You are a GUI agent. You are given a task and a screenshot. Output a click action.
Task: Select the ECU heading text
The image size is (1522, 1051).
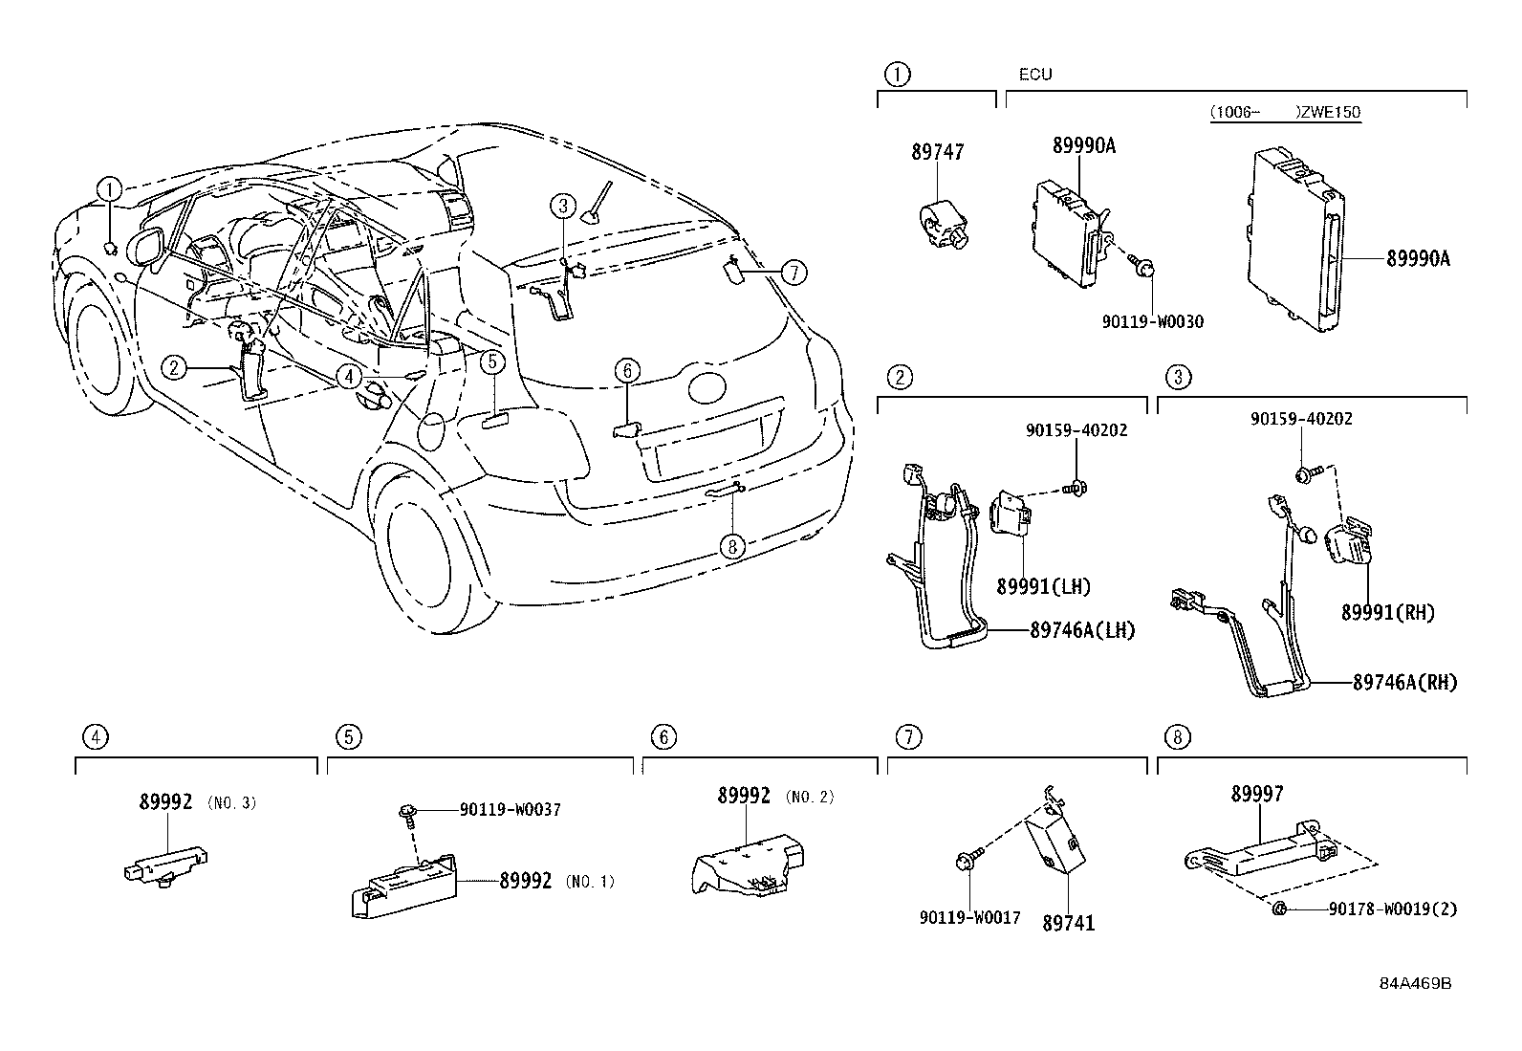pyautogui.click(x=1034, y=75)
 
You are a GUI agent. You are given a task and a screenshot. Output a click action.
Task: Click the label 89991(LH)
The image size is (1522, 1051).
pyautogui.click(x=1043, y=587)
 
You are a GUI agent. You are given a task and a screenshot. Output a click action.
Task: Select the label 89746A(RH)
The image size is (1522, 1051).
pyautogui.click(x=1404, y=683)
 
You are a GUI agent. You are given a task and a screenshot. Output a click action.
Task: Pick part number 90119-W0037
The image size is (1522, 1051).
pyautogui.click(x=510, y=809)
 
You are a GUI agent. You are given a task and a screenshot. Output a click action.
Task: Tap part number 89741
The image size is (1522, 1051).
pyautogui.click(x=1068, y=923)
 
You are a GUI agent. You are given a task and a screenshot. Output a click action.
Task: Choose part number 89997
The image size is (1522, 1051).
pyautogui.click(x=1257, y=794)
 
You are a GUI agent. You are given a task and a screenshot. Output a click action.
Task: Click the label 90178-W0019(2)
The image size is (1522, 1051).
pyautogui.click(x=1393, y=909)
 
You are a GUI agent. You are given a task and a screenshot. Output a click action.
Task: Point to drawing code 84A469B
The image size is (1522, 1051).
pyautogui.click(x=1415, y=984)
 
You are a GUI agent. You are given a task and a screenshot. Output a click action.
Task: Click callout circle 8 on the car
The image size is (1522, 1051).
pyautogui.click(x=732, y=546)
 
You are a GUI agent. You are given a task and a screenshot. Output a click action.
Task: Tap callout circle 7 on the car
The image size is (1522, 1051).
pyautogui.click(x=793, y=273)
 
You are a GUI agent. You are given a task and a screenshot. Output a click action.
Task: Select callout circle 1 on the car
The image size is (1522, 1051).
pyautogui.click(x=111, y=188)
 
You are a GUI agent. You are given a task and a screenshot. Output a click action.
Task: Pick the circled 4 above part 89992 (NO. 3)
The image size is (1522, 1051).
pyautogui.click(x=94, y=736)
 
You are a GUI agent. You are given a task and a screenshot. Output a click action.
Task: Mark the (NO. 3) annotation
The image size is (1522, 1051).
pyautogui.click(x=231, y=803)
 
